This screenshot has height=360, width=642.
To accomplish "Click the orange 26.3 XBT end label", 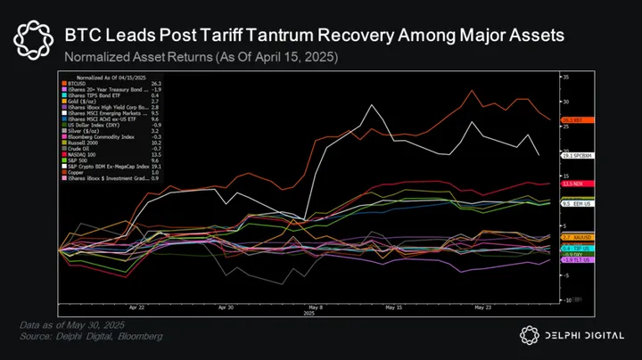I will pos(572,119).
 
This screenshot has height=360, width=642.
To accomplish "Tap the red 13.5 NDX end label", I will pos(572,184).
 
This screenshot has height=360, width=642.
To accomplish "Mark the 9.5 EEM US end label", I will pos(575,203).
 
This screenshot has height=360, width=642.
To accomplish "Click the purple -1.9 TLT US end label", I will pos(573,259).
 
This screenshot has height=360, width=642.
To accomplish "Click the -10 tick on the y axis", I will pos(564,300).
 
